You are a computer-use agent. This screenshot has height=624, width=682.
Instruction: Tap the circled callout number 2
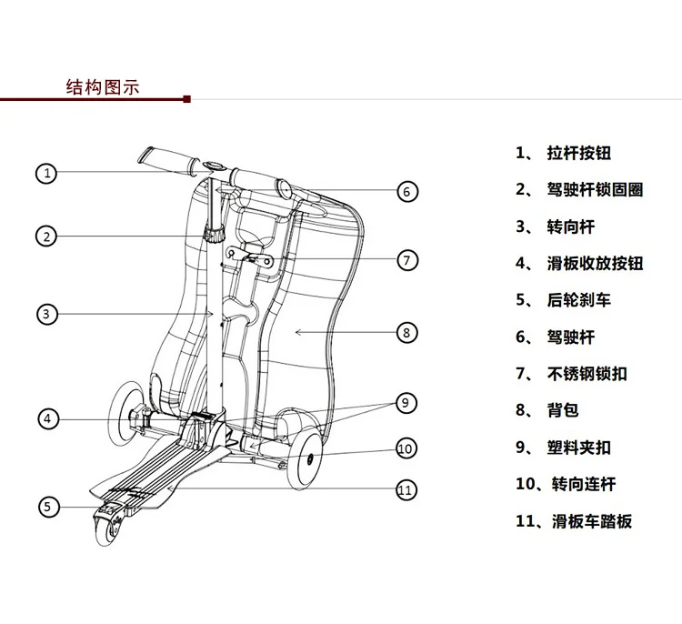(47, 237)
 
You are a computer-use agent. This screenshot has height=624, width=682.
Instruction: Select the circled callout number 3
(47, 314)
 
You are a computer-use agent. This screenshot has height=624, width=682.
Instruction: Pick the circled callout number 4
(48, 419)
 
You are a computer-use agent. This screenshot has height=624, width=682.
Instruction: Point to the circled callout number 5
(48, 507)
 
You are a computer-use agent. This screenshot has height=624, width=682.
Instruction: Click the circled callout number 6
(407, 191)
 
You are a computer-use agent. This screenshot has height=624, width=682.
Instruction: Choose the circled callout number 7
(406, 260)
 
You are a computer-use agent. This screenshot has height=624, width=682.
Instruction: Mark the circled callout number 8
(406, 332)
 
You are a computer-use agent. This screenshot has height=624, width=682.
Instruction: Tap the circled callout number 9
(406, 401)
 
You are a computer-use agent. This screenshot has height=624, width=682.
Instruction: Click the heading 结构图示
(103, 87)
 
